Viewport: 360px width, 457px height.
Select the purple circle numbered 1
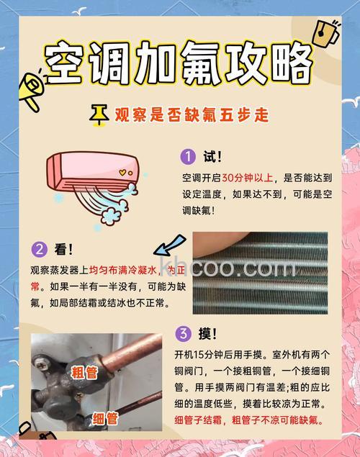click(187, 156)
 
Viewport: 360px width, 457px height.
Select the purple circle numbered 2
click(39, 250)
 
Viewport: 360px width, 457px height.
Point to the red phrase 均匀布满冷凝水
click(127, 271)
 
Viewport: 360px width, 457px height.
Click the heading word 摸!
click(208, 333)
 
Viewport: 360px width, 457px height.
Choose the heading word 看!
click(63, 250)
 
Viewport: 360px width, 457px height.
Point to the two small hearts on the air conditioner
click(125, 173)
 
